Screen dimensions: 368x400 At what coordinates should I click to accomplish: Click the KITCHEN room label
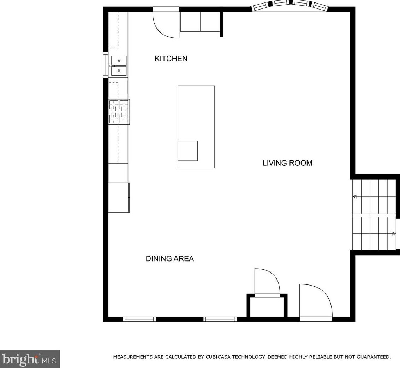[171, 59]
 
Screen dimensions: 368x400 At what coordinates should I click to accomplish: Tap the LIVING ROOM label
[287, 163]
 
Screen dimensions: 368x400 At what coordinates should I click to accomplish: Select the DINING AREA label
[169, 259]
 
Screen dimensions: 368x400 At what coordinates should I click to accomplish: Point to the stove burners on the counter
[119, 112]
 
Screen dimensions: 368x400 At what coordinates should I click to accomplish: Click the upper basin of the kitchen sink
[119, 60]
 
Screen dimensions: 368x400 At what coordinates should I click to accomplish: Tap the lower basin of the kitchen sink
[119, 71]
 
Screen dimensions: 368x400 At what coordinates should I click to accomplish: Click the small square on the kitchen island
[187, 151]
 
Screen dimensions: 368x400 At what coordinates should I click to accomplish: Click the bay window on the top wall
[290, 5]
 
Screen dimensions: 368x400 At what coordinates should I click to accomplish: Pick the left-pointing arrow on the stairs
[354, 197]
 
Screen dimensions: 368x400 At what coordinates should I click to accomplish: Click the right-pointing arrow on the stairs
[394, 234]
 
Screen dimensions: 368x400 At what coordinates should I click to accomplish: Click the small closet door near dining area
[267, 282]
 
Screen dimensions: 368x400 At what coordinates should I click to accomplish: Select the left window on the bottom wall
[139, 319]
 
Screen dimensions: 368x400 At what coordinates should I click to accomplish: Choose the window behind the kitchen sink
[105, 65]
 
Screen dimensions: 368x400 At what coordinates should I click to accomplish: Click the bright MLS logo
[30, 359]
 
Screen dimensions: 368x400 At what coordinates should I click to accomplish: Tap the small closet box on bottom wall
[267, 307]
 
